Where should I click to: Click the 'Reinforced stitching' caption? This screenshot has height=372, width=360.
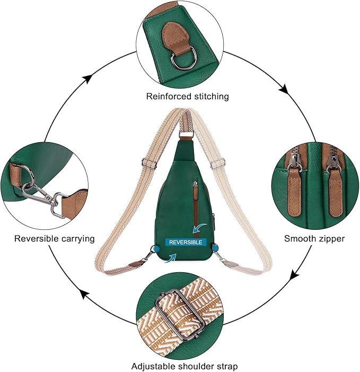tap(180, 97)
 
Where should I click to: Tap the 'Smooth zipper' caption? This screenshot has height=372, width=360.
tap(314, 239)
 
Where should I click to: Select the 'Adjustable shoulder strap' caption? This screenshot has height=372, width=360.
tap(185, 366)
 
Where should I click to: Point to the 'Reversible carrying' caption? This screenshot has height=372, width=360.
tap(54, 239)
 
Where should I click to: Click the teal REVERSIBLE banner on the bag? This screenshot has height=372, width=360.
tap(185, 242)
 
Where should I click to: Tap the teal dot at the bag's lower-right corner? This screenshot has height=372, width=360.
tap(216, 247)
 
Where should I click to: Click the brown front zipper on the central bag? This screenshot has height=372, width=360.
tap(195, 204)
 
